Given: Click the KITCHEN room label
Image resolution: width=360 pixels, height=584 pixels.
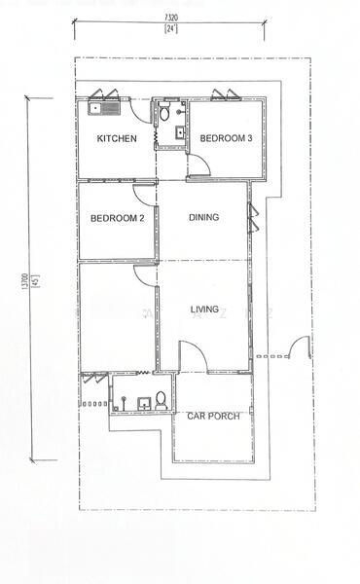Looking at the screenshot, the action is click(117, 138).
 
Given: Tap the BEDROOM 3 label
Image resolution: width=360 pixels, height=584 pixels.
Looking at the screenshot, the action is click(226, 138).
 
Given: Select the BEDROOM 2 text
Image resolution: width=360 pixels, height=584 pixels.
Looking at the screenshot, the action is click(118, 218).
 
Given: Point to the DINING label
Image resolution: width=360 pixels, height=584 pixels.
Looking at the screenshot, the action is click(203, 217).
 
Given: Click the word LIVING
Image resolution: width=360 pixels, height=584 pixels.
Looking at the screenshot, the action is click(204, 310).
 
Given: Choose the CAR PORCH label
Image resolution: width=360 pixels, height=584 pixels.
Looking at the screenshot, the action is click(213, 416).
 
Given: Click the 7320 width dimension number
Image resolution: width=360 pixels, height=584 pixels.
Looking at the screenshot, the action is click(171, 18).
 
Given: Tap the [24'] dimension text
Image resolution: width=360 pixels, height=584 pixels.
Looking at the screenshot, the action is click(171, 29).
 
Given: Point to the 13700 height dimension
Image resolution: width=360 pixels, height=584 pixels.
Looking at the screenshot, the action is click(25, 281).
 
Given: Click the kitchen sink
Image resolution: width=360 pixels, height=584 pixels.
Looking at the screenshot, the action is click(104, 108).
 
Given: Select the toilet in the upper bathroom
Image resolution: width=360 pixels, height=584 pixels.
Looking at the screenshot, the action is click(164, 112).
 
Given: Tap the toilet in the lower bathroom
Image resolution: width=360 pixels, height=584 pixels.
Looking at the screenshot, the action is click(161, 400).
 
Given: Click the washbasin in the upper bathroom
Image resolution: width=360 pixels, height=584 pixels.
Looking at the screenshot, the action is click(180, 133).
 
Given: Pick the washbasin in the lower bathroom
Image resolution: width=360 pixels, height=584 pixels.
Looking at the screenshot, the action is click(143, 404).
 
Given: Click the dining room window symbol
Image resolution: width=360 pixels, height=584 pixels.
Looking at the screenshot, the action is click(253, 218).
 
